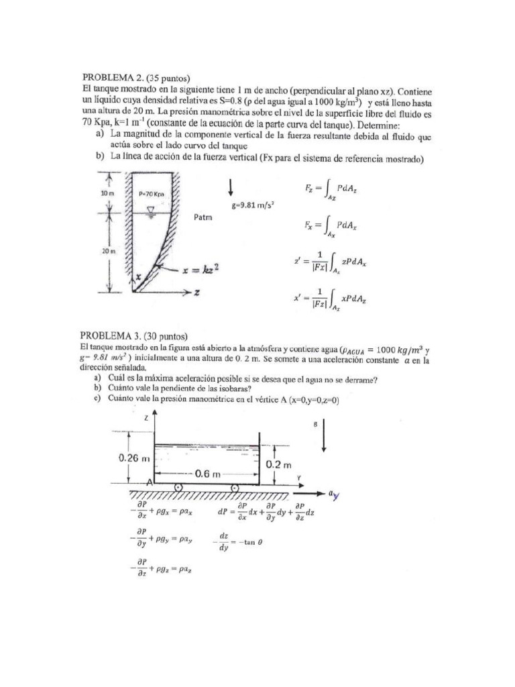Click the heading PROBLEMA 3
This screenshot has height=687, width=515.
click(109, 335)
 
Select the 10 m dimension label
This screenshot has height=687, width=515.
click(98, 193)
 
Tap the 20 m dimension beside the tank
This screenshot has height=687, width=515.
click(98, 250)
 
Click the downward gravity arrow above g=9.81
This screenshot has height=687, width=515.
click(231, 186)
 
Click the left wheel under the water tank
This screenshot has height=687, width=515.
click(178, 488)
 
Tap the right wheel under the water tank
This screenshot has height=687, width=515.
click(234, 488)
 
